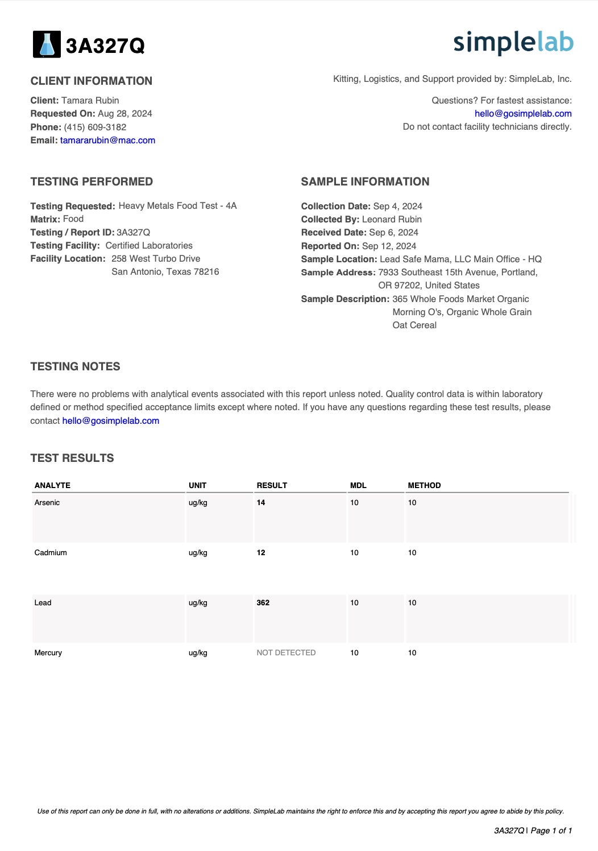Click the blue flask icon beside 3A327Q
pyautogui.click(x=47, y=44)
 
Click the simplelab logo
pyautogui.click(x=513, y=43)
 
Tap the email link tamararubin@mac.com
pyautogui.click(x=107, y=141)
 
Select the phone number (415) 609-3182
pyautogui.click(x=95, y=127)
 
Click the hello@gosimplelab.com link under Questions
pyautogui.click(x=523, y=114)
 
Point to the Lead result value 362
pyautogui.click(x=263, y=603)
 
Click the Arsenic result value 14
pyautogui.click(x=261, y=503)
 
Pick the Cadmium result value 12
pyautogui.click(x=261, y=553)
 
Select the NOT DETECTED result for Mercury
pyautogui.click(x=286, y=653)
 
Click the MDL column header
pyautogui.click(x=358, y=486)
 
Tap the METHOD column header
pyautogui.click(x=424, y=486)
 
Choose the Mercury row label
pyautogui.click(x=48, y=653)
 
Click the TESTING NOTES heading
pyautogui.click(x=75, y=367)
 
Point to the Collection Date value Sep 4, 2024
pyautogui.click(x=397, y=206)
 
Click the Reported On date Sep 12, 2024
pyautogui.click(x=389, y=246)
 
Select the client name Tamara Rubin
pyautogui.click(x=90, y=101)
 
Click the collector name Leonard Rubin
pyautogui.click(x=392, y=220)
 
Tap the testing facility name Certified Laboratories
pyautogui.click(x=149, y=246)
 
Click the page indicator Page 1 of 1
pyautogui.click(x=551, y=831)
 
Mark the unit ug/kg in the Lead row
pyautogui.click(x=198, y=603)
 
